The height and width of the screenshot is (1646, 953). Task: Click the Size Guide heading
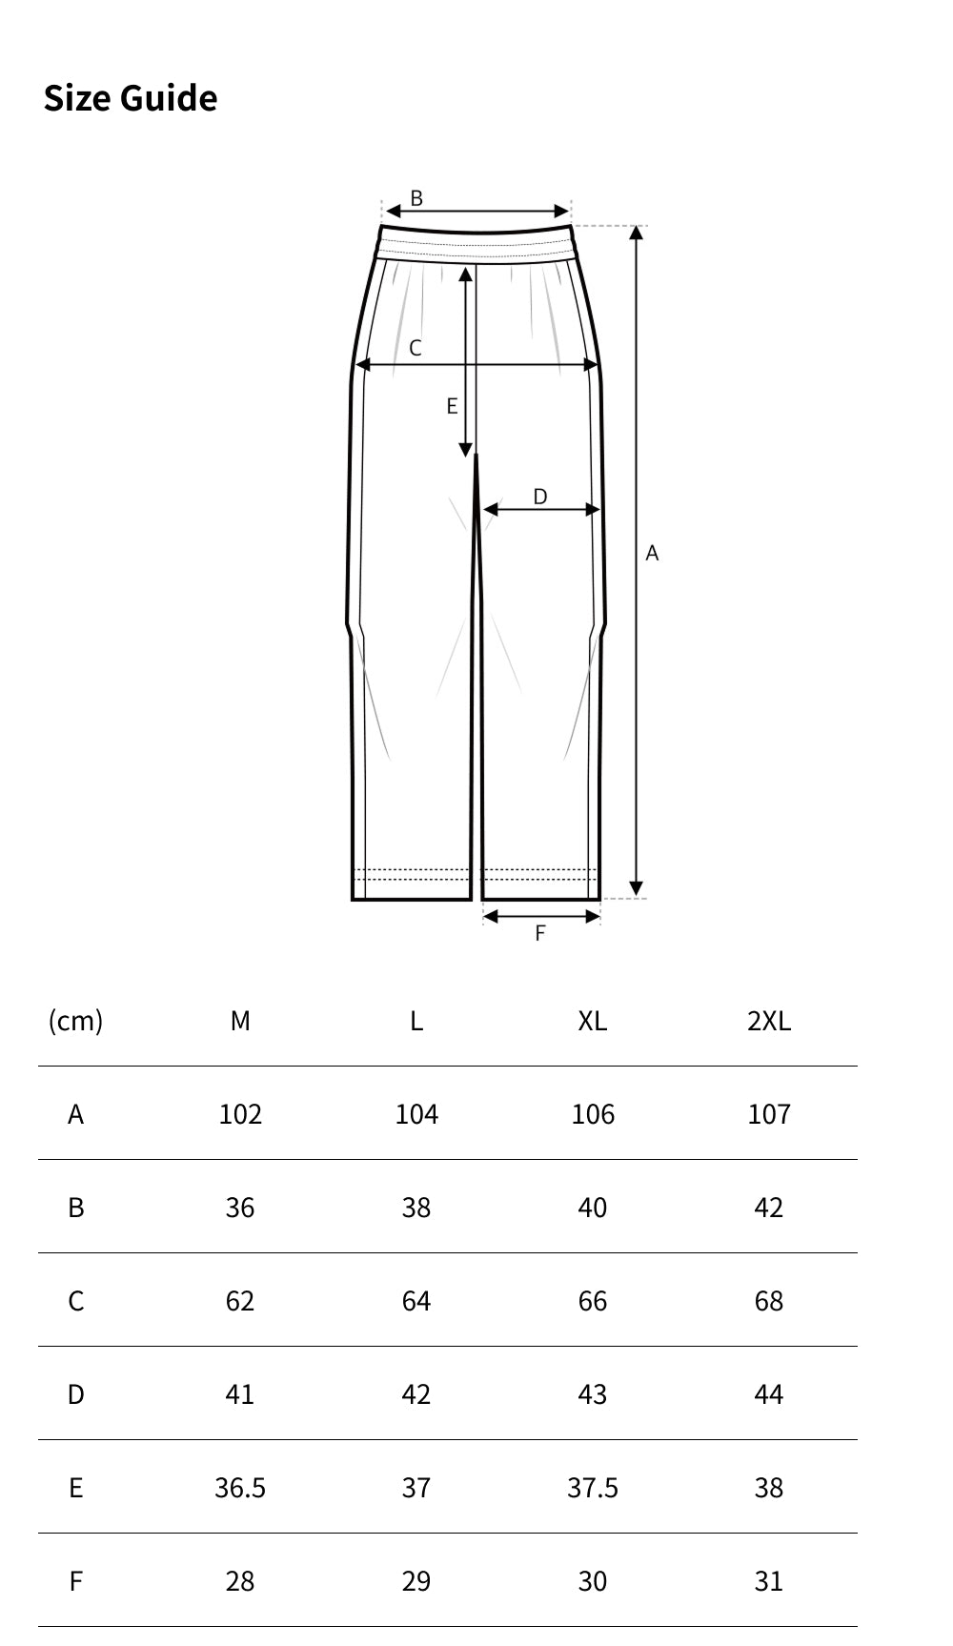[x=131, y=98]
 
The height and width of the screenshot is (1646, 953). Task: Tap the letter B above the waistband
[x=416, y=198]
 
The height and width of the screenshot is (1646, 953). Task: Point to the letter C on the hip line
[x=416, y=349]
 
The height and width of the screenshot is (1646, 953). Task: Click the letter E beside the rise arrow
[x=452, y=407]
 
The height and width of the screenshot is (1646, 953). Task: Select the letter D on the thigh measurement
[x=540, y=497]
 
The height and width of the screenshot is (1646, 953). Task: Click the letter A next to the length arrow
[x=652, y=553]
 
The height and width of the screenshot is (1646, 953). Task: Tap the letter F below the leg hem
[x=540, y=934]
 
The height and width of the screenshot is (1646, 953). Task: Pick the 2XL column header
[x=769, y=1021]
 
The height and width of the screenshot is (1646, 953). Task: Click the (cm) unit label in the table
[x=75, y=1021]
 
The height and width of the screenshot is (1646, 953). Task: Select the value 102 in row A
[x=240, y=1114]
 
